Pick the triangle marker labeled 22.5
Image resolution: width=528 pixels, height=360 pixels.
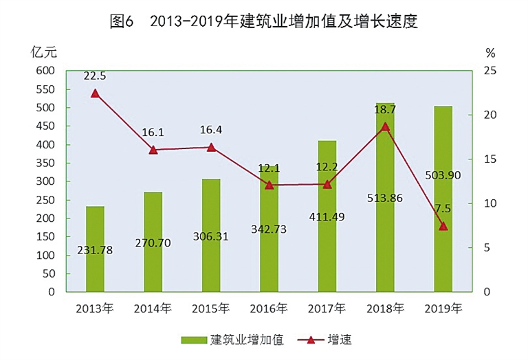point(95,93)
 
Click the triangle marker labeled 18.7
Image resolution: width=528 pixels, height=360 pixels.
point(385,126)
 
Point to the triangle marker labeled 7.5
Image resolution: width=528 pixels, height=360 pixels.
point(443,225)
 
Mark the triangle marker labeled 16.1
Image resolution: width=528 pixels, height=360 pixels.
point(153,149)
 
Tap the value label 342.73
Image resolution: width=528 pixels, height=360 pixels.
point(268,229)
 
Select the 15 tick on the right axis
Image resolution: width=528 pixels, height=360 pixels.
point(487,159)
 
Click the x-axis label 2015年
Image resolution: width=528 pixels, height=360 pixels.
point(210,307)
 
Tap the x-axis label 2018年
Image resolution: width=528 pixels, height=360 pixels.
point(385,307)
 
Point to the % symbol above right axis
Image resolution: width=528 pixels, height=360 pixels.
point(489,53)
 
